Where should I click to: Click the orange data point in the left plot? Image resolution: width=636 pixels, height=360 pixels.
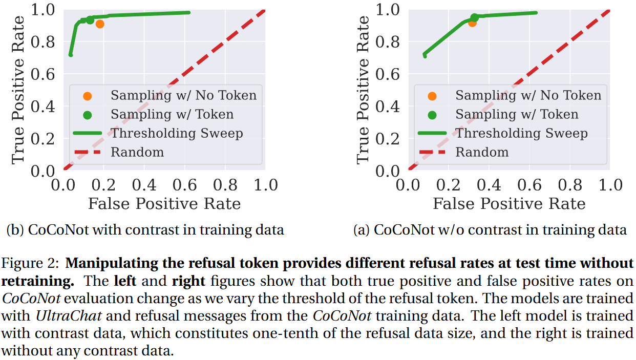click(x=100, y=24)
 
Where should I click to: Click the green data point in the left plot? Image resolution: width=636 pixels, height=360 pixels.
click(x=90, y=20)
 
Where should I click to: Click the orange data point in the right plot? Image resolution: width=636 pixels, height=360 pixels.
click(x=472, y=23)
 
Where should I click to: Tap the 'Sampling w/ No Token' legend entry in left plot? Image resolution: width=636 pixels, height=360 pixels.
click(x=183, y=95)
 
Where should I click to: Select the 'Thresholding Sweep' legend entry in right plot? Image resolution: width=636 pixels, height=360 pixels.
click(x=521, y=133)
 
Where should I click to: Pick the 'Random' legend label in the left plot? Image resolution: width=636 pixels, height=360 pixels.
click(x=137, y=152)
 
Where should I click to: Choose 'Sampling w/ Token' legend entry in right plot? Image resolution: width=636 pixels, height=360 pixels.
click(x=517, y=114)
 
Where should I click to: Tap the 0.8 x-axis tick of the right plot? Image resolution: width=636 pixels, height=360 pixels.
click(x=569, y=184)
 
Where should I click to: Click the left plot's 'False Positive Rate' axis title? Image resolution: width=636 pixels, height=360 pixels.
click(x=164, y=204)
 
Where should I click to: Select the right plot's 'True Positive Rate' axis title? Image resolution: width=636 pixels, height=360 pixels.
click(x=363, y=90)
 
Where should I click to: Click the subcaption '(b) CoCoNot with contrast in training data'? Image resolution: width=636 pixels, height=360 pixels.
click(x=145, y=230)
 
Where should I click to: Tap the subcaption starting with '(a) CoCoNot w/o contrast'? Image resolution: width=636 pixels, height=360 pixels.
click(x=490, y=230)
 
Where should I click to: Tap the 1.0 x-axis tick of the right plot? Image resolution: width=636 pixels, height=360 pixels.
click(x=610, y=184)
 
